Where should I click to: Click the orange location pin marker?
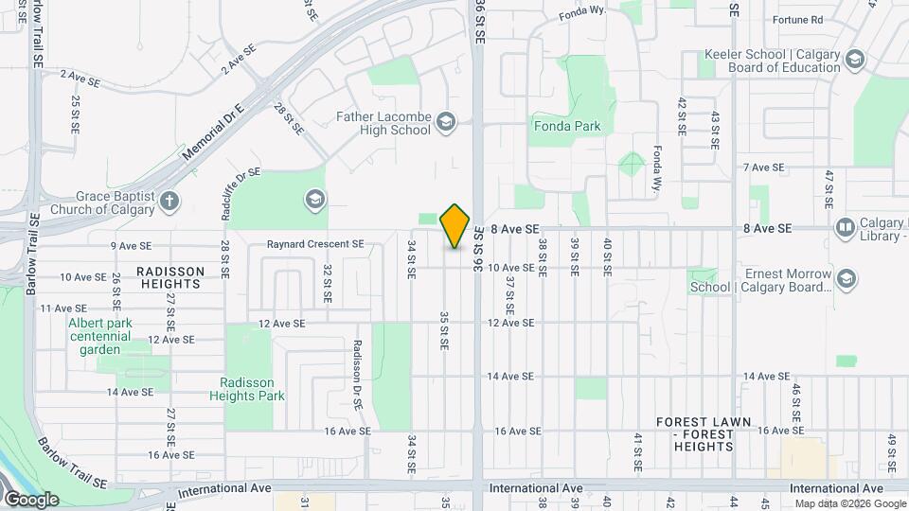point(455,226)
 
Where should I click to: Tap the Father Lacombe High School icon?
point(446,122)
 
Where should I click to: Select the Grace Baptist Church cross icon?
point(169,201)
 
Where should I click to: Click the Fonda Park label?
point(567,126)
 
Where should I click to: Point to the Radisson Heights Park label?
point(252,389)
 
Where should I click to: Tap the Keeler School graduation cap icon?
point(855,61)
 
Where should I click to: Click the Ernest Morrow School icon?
point(847,279)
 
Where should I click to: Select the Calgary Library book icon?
point(845,228)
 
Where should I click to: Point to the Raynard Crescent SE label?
point(315,244)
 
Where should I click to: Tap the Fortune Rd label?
point(797,20)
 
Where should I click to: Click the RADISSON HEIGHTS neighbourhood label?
point(170,272)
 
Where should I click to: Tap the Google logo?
point(31,500)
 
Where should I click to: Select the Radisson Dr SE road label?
point(358,374)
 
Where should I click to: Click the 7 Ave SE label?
point(764,167)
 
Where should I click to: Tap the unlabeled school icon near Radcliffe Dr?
point(313,200)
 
